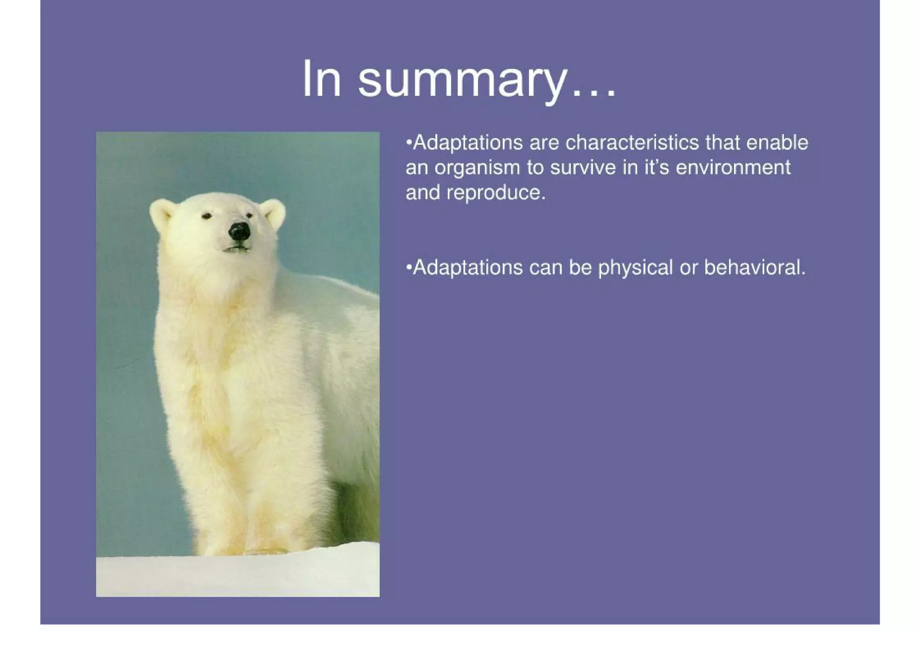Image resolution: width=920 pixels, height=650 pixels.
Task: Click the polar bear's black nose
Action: (239, 231)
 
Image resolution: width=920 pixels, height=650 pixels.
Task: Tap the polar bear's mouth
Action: (236, 248)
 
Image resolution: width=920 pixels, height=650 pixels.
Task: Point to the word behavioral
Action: (755, 268)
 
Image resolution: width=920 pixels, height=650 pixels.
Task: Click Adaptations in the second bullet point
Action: (468, 268)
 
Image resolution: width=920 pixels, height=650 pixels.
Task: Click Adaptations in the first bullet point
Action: (468, 143)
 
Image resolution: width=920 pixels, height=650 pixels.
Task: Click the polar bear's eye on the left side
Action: (207, 217)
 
